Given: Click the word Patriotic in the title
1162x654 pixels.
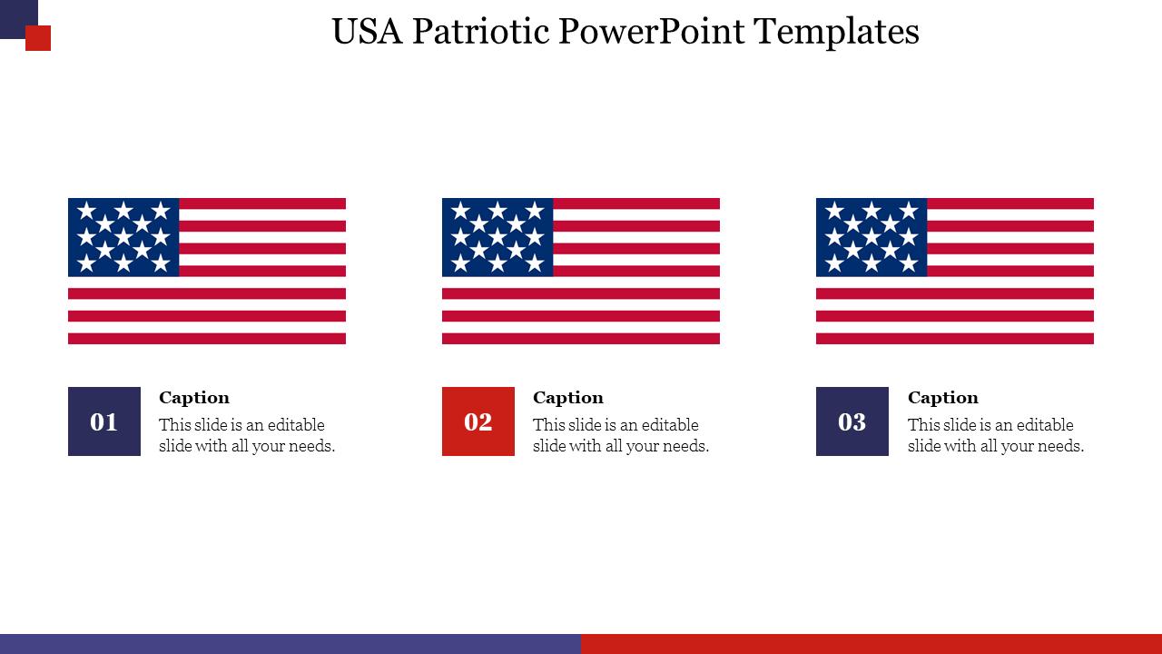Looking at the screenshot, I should (480, 32).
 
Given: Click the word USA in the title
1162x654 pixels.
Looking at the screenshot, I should (368, 32).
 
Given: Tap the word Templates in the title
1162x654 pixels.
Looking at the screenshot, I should (836, 32).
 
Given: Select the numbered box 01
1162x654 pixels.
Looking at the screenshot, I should (104, 421).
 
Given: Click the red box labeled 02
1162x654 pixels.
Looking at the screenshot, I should (478, 421).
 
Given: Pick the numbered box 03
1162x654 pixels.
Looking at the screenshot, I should (852, 421).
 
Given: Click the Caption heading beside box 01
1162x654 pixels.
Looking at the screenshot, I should (194, 398).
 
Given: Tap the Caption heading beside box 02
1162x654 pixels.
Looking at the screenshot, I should (568, 398).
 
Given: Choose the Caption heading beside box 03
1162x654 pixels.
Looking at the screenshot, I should (943, 398).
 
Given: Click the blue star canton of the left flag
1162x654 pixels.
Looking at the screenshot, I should (123, 237).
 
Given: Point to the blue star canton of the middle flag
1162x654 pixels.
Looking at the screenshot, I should (497, 237).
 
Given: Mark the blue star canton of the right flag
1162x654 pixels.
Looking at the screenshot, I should (871, 237).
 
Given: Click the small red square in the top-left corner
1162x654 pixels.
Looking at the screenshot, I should (38, 38).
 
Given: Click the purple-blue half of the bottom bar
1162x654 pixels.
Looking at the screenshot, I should (290, 644).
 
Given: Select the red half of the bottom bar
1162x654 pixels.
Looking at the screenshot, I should (871, 644).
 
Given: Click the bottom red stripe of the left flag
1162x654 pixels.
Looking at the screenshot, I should (207, 339).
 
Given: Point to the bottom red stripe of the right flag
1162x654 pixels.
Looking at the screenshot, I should (955, 339).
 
